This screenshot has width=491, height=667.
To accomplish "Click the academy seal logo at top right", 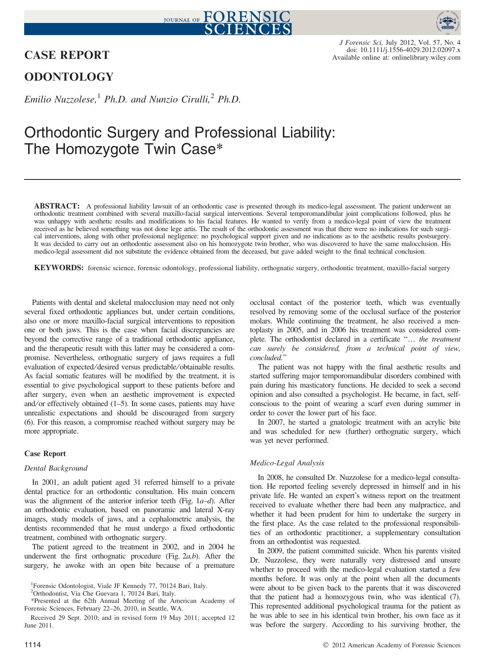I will coord(447,23).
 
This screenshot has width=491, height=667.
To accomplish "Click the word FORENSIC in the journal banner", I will coord(247,16).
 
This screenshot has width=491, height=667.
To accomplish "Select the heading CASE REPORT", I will coord(67,55).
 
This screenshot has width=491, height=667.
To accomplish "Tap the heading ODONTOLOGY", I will coord(69,77).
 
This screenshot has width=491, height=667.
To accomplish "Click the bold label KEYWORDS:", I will coord(59,268).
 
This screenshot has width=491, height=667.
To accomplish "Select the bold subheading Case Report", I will coord(45,454).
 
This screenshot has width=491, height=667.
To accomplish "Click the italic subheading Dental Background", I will coord(56,468).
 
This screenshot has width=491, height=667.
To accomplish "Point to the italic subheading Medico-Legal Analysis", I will coord(287,463).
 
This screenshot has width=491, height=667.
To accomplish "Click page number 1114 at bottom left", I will coord(33,645).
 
